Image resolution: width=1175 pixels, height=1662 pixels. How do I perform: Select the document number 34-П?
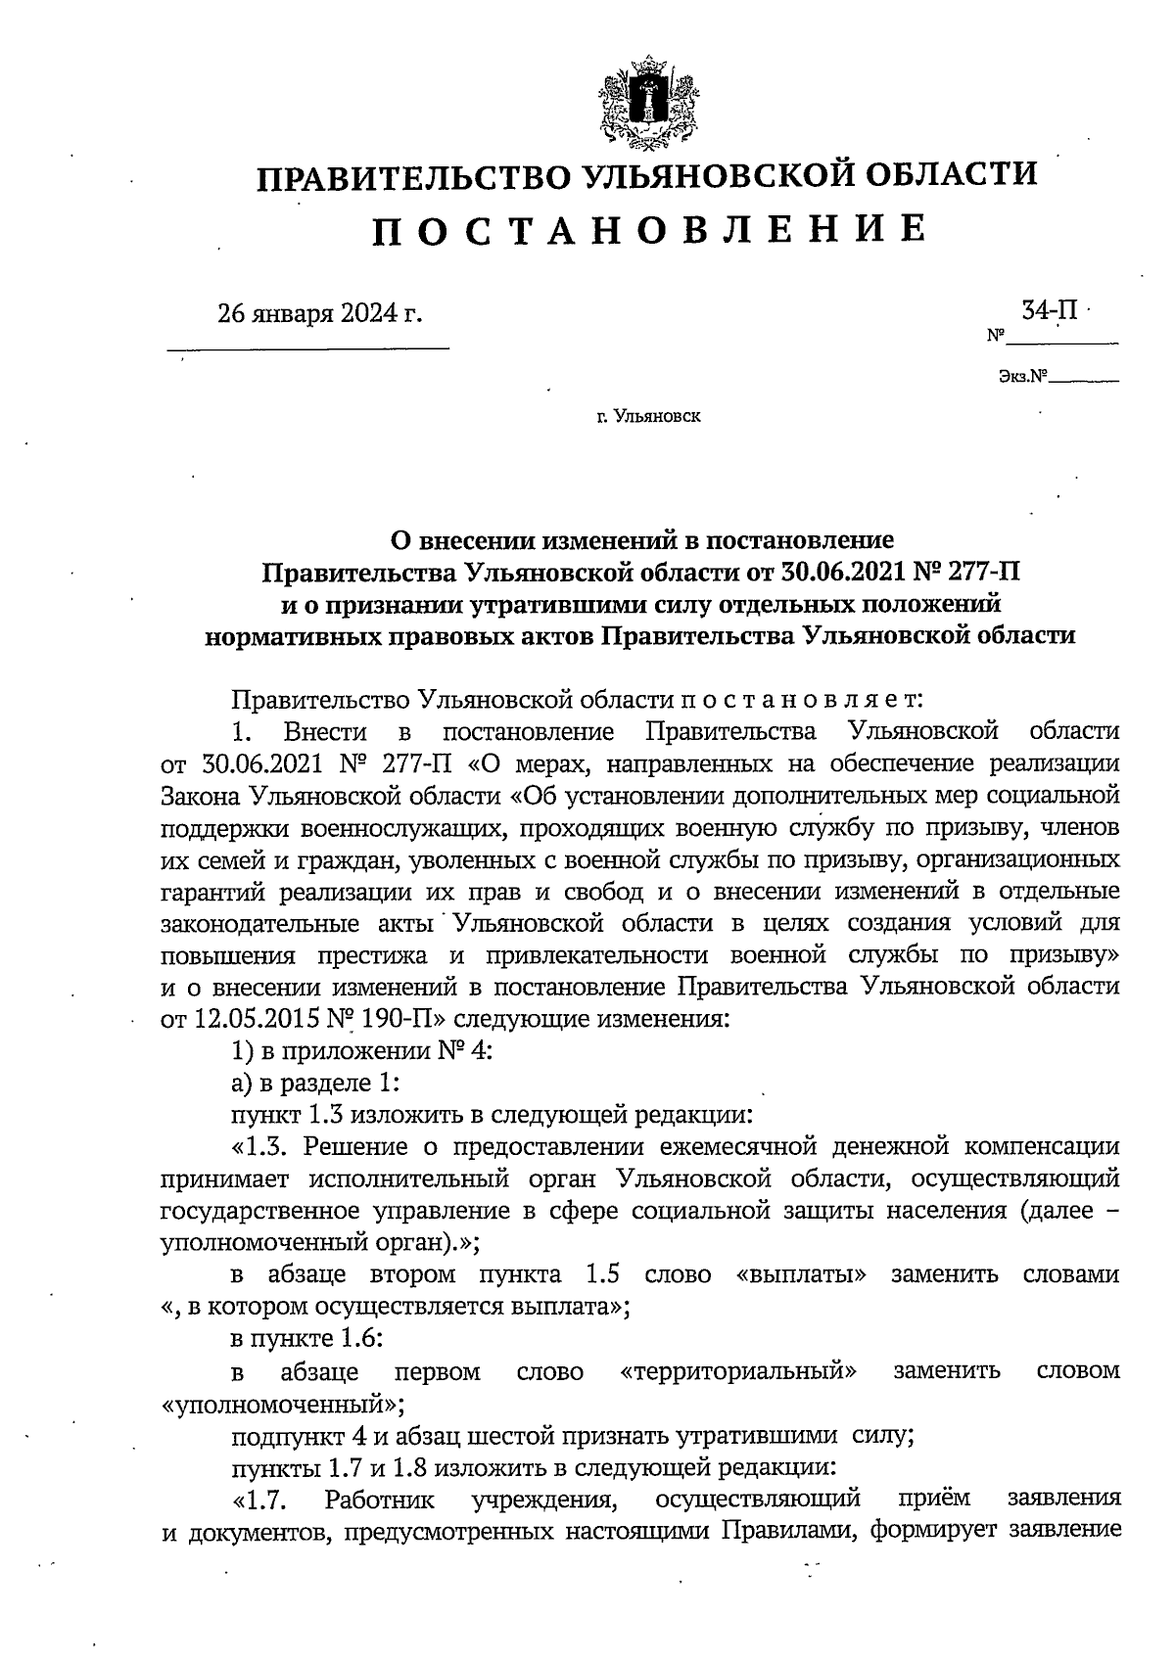pyautogui.click(x=1050, y=311)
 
